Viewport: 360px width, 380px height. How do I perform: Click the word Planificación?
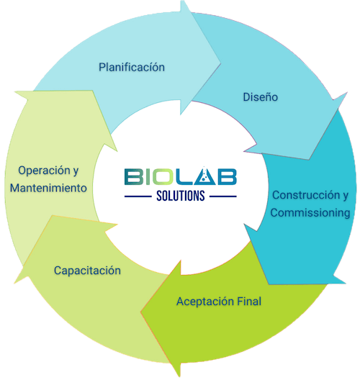tap(132, 67)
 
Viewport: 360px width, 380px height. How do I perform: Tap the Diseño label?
tap(261, 97)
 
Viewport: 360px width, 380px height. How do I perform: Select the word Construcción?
tap(306, 195)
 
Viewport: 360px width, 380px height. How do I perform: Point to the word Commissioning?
tap(310, 213)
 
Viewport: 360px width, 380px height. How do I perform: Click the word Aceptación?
tap(205, 302)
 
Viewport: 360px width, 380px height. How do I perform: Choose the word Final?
tap(249, 302)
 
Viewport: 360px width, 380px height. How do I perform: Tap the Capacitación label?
tap(87, 271)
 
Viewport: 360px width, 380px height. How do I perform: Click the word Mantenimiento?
tap(48, 188)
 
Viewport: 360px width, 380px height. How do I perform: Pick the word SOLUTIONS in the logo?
tap(181, 196)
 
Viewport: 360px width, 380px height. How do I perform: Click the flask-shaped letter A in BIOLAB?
tap(205, 176)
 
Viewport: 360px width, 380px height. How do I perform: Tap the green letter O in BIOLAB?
tap(163, 177)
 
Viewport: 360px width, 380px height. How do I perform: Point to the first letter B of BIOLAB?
tap(134, 177)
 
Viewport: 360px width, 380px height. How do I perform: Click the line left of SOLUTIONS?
tap(138, 196)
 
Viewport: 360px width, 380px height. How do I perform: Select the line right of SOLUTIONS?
tap(222, 196)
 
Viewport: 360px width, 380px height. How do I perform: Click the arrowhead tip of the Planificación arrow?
tap(220, 63)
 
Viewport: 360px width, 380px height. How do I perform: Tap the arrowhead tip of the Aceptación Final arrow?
tap(141, 312)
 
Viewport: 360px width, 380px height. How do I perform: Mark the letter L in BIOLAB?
tap(186, 177)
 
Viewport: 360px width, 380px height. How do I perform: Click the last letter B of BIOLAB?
tap(227, 177)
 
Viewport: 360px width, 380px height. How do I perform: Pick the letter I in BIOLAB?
tap(148, 177)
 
